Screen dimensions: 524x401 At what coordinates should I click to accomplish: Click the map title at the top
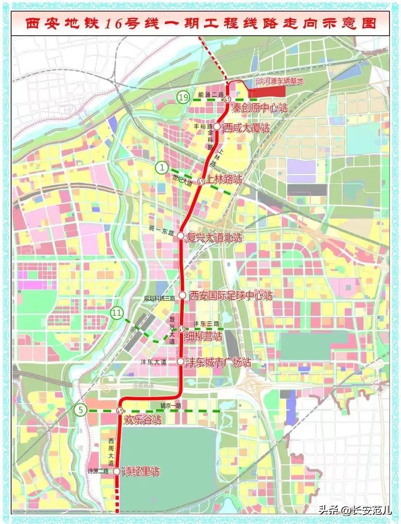click(200, 24)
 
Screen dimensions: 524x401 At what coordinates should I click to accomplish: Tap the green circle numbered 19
click(184, 97)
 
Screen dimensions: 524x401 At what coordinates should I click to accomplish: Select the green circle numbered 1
click(161, 167)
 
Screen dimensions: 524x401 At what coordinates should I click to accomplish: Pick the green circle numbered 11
click(117, 313)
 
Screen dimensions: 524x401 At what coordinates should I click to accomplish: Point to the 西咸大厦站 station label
click(246, 128)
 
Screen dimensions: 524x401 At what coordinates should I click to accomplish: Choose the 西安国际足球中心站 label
click(231, 295)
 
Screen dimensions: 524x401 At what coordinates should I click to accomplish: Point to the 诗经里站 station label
click(141, 472)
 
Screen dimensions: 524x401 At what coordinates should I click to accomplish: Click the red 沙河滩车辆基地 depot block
click(267, 92)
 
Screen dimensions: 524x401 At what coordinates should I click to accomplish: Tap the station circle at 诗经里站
click(117, 471)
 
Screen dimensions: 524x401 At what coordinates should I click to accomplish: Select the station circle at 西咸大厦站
click(217, 127)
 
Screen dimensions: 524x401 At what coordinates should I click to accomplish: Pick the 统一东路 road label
click(162, 234)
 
